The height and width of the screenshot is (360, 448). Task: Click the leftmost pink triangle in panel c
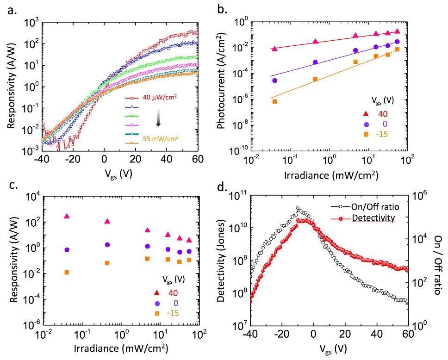click(67, 216)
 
